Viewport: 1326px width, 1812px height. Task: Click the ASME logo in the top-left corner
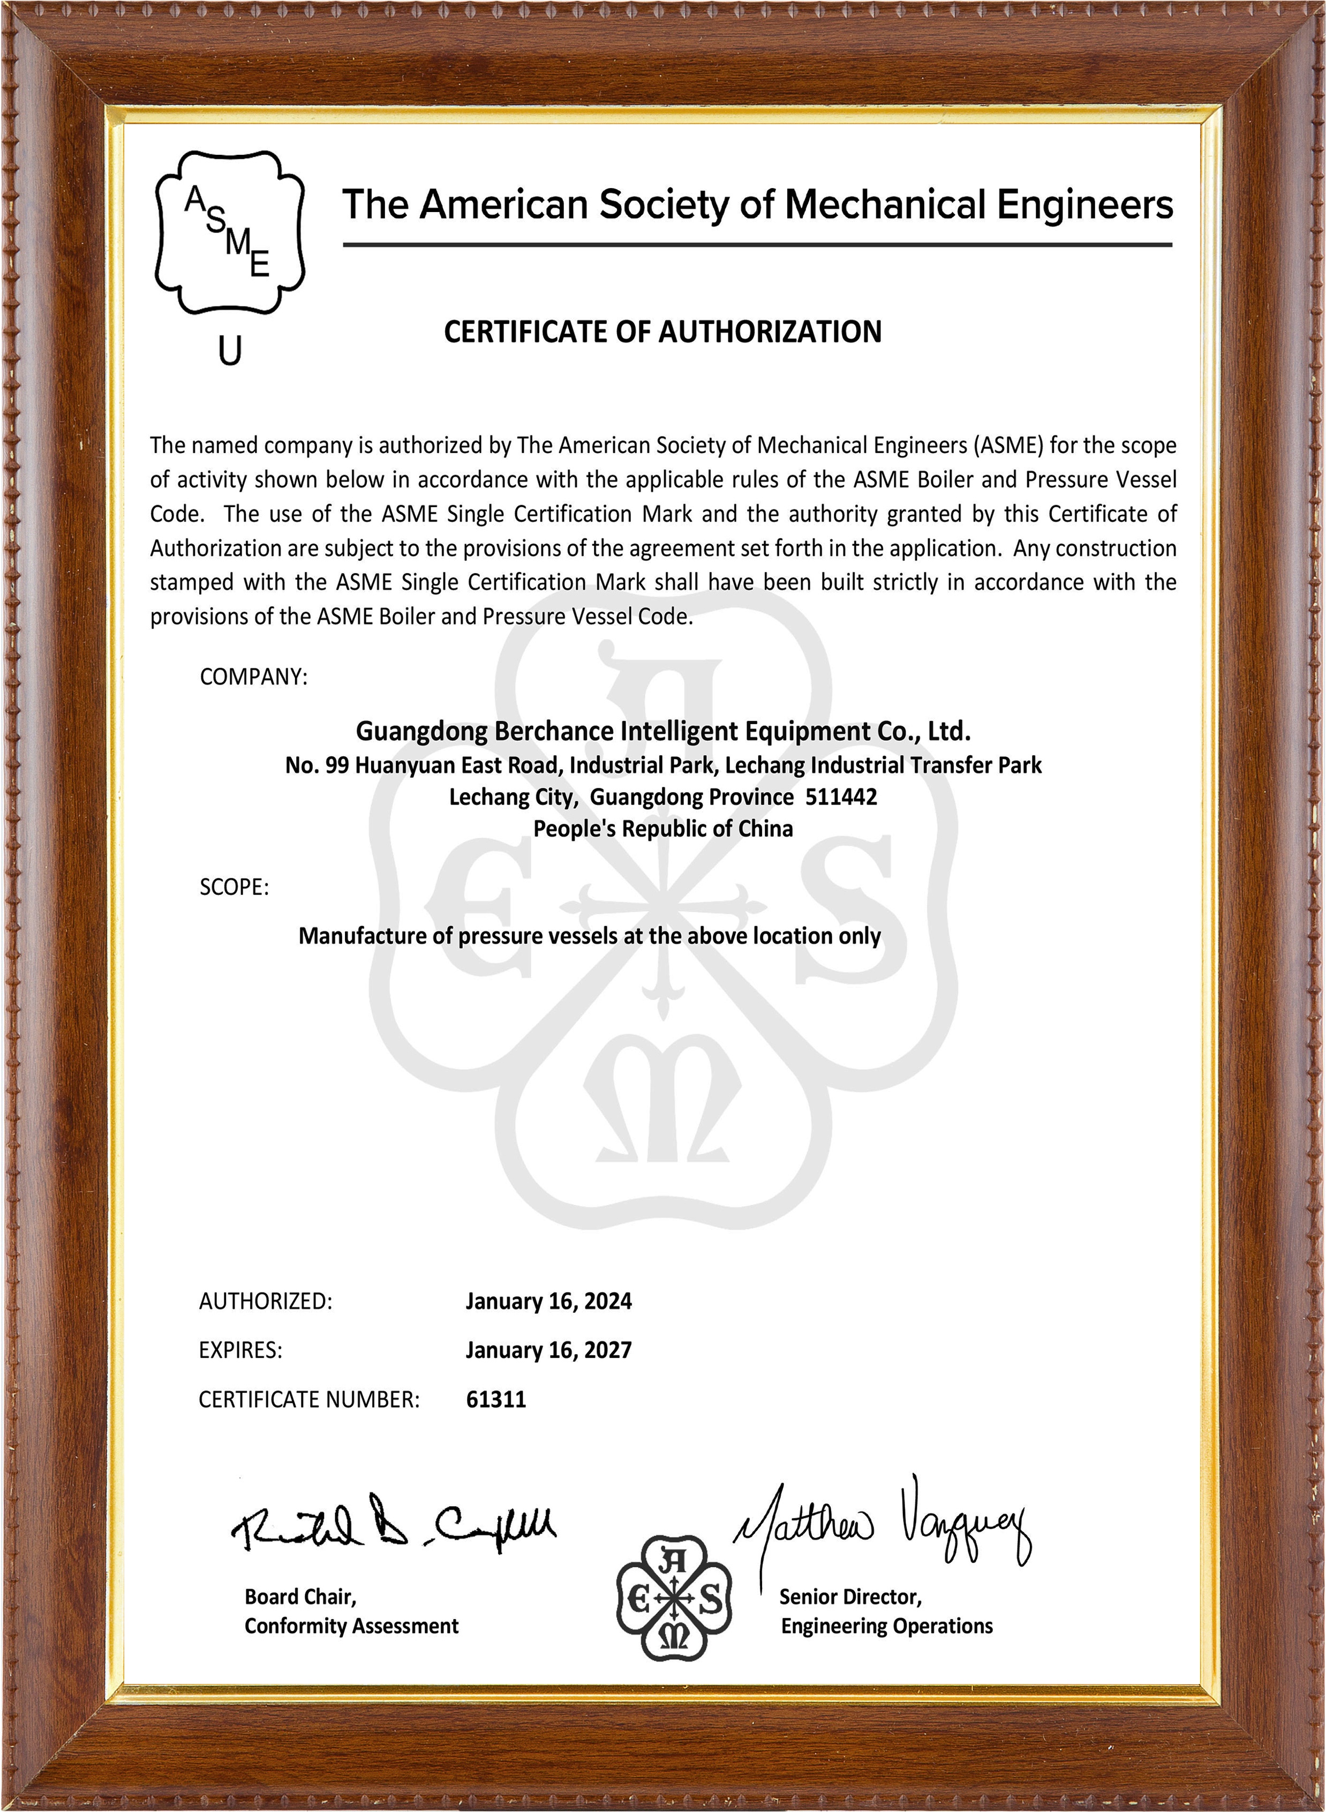click(230, 231)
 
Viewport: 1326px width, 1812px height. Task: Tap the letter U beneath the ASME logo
click(230, 351)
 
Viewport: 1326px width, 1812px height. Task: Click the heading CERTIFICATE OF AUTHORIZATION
click(662, 332)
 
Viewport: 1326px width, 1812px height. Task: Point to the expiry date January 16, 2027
click(548, 1350)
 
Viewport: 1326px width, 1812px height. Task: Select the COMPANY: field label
click(253, 677)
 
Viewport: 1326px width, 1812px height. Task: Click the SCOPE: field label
click(233, 887)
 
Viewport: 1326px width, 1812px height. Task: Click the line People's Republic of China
click(663, 829)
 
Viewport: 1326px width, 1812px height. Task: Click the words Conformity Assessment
click(351, 1626)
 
